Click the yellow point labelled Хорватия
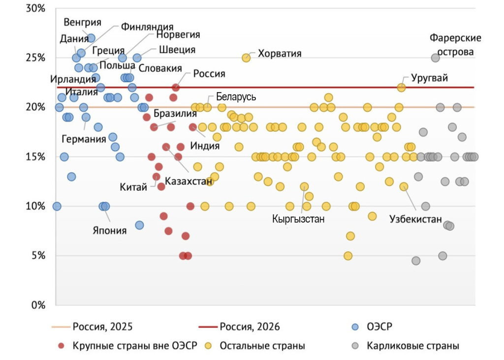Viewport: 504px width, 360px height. pyautogui.click(x=246, y=58)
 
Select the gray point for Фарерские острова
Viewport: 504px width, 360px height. pyautogui.click(x=435, y=58)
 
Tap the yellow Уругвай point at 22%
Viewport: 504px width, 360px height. pyautogui.click(x=401, y=88)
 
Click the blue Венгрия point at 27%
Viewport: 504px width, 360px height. pyautogui.click(x=91, y=38)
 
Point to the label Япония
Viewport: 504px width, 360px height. pyautogui.click(x=110, y=230)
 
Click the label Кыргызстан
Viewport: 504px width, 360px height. pyautogui.click(x=298, y=219)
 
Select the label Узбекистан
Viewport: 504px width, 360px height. pyautogui.click(x=415, y=219)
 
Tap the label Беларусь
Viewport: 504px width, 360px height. pyautogui.click(x=236, y=97)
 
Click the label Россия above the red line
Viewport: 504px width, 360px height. pyautogui.click(x=209, y=74)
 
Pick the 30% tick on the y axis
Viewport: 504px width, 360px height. pyautogui.click(x=35, y=9)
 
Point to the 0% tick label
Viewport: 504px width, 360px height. pyautogui.click(x=37, y=305)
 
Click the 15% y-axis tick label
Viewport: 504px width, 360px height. pyautogui.click(x=35, y=157)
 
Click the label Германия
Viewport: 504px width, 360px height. pyautogui.click(x=84, y=139)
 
